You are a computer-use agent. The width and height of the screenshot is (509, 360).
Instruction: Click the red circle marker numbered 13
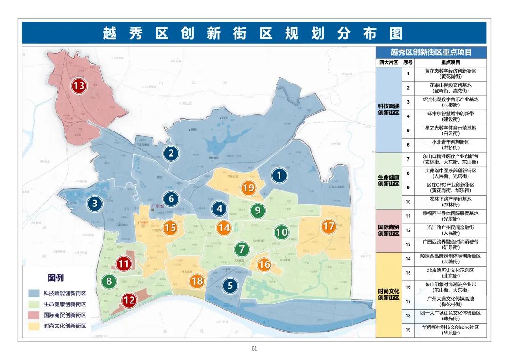coord(79,86)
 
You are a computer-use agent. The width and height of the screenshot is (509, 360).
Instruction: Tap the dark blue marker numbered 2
coord(171,153)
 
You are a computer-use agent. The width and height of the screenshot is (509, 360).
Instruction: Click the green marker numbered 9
coord(257,210)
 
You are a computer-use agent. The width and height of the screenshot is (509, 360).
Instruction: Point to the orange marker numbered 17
coord(328,227)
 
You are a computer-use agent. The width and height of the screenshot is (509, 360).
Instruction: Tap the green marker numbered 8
coord(109,282)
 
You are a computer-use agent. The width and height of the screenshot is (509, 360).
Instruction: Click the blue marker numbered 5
coord(230,285)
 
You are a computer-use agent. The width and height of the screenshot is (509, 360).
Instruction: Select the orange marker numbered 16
coord(264,265)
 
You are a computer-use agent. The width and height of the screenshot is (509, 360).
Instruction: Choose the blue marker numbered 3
coord(95,204)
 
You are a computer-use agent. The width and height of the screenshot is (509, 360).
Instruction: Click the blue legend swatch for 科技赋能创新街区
coord(34,293)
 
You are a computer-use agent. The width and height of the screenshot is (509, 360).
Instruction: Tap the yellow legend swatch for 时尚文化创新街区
coord(34,326)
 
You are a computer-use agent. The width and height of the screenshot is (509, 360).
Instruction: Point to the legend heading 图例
coord(56,278)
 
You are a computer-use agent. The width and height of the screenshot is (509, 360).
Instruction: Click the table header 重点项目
coord(450,62)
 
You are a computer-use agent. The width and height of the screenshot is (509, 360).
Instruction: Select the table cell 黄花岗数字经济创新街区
coord(450,74)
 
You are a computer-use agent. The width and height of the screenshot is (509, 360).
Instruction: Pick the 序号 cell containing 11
coord(408,216)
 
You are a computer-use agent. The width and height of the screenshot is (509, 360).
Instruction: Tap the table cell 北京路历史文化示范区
coord(450,273)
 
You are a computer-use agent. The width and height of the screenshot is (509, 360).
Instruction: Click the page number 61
coord(254,349)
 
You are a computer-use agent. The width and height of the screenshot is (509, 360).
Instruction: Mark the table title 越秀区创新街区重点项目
coord(431,52)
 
